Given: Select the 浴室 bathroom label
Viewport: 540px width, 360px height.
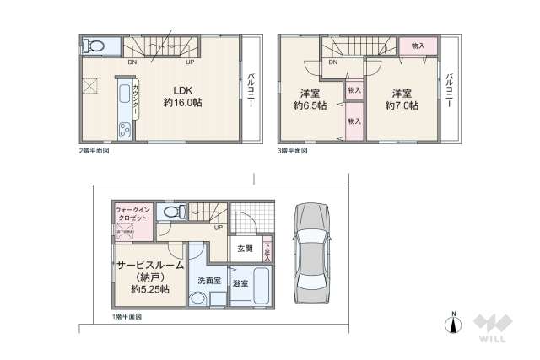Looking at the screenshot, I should [240, 283].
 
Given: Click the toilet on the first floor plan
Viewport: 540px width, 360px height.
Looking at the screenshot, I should [172, 212].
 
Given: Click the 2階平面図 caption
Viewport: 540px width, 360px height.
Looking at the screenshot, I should [94, 150].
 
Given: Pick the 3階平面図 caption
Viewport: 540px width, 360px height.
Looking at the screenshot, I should [294, 150].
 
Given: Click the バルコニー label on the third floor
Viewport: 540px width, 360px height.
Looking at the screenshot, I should [451, 93].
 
